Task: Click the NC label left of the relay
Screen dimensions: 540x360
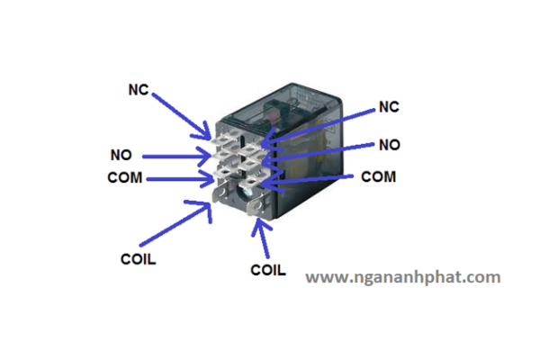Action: coord(138,90)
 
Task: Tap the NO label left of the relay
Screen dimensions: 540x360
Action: coord(121,155)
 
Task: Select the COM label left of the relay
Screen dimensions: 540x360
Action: coord(125,178)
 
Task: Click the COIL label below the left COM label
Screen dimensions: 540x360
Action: coord(138,259)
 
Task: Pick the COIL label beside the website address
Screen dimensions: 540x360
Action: coord(268,270)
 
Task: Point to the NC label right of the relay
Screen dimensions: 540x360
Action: coord(389,107)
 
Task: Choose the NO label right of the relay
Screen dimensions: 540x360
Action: coord(390,145)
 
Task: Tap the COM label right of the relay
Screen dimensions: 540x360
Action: coord(379,176)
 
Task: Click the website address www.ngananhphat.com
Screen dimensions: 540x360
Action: coord(403,277)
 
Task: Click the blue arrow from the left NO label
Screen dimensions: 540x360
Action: coord(176,157)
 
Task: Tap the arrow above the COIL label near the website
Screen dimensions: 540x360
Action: coord(263,238)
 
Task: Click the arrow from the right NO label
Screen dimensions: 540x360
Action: coord(318,152)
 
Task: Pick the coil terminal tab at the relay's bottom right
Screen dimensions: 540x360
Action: coord(257,207)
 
